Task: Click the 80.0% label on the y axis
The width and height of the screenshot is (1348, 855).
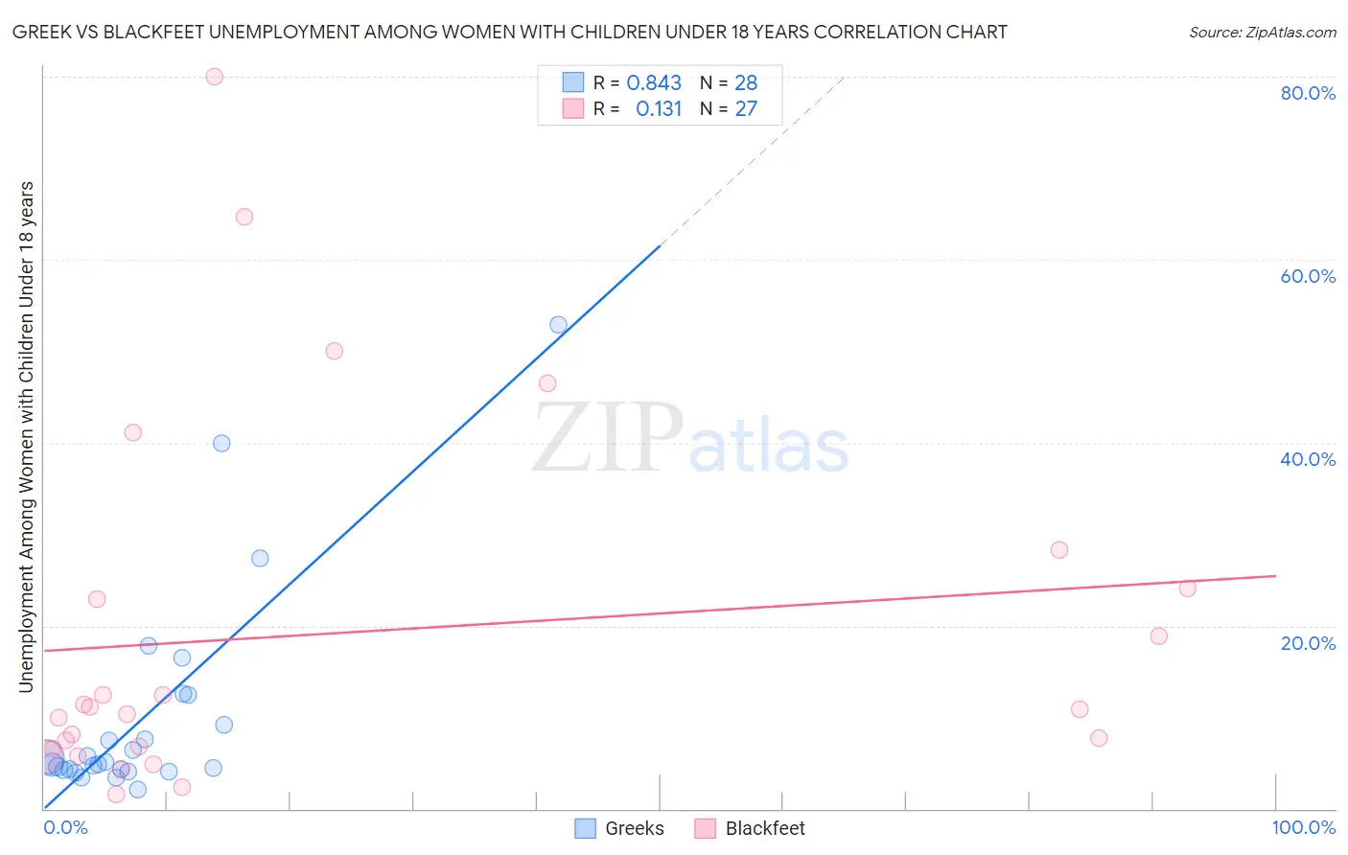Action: [x=1308, y=93]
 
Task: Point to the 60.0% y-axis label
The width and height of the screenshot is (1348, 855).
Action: [x=1308, y=276]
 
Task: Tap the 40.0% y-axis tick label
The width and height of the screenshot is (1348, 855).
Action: [x=1308, y=459]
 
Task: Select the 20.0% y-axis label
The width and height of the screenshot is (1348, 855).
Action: [x=1308, y=643]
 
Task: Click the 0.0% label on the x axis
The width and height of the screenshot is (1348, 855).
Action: [x=65, y=827]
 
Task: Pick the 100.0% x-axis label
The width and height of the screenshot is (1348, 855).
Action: [x=1303, y=827]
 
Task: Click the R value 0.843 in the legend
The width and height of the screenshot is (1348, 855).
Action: [x=654, y=83]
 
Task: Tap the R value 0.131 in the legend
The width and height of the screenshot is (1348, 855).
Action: [x=659, y=109]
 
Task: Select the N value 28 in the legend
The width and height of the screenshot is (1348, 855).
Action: [x=746, y=83]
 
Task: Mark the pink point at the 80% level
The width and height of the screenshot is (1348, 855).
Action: [x=215, y=77]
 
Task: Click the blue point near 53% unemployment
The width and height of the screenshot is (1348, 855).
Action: [x=558, y=325]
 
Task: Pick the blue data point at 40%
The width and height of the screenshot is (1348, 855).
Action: [x=221, y=443]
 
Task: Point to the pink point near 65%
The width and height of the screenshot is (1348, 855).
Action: [x=244, y=217]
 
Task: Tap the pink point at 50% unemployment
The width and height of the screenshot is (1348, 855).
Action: [x=335, y=351]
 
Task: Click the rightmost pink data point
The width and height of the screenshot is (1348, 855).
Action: [x=1187, y=589]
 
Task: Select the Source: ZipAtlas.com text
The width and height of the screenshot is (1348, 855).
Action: [x=1262, y=33]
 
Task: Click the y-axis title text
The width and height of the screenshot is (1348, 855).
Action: [x=27, y=436]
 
